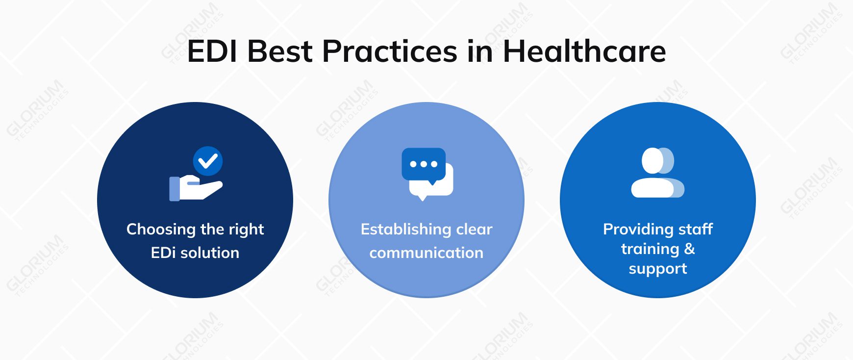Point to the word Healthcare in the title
pos(584,51)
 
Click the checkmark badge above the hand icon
pos(208,160)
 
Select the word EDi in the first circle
pos(163,253)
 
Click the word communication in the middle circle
pos(426,253)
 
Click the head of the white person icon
pos(652,160)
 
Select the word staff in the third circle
pos(695,229)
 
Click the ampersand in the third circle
pos(689,249)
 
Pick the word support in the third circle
pos(658,269)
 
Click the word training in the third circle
pos(650,249)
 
